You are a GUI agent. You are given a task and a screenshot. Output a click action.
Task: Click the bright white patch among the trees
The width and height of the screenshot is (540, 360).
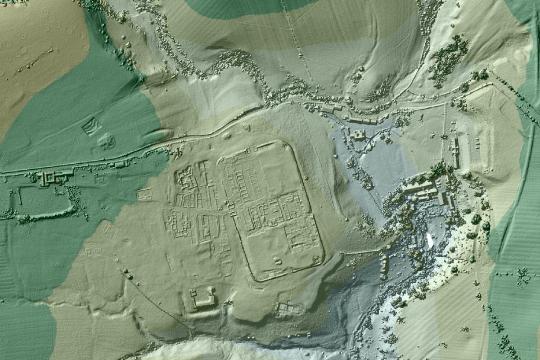coord(430,240)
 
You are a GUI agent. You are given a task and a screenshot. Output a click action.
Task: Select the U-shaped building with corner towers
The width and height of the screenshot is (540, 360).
coord(204,298)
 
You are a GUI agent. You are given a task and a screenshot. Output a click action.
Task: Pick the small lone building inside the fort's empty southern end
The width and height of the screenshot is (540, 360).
coord(277,260)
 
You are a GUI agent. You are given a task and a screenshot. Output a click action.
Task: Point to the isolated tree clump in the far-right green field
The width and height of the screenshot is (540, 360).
coord(524,275)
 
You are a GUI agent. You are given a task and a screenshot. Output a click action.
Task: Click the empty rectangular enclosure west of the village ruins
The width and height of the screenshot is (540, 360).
coord(144,195)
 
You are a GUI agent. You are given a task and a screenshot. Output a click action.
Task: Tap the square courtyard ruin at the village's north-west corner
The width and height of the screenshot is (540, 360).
coord(185,178)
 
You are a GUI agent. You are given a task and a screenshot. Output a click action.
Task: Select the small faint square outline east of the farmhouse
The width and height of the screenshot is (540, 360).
coord(101,180)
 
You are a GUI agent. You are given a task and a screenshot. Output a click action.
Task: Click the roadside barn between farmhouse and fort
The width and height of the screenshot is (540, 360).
coord(119,164)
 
